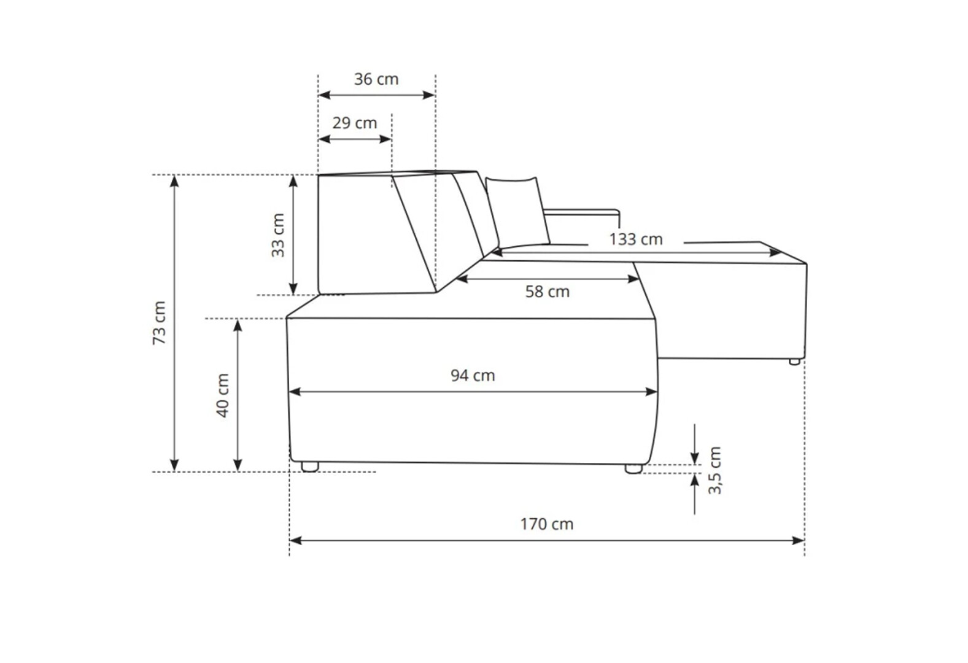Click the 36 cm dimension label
pyautogui.click(x=376, y=79)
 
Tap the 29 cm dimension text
pyautogui.click(x=355, y=123)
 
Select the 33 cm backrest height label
pyautogui.click(x=278, y=235)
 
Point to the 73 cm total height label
pyautogui.click(x=159, y=322)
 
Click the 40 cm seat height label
pyautogui.click(x=222, y=395)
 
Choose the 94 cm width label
pyautogui.click(x=473, y=376)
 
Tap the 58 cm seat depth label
pyautogui.click(x=548, y=292)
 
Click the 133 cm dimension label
pyautogui.click(x=636, y=239)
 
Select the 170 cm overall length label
pyautogui.click(x=547, y=524)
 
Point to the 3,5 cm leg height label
pyautogui.click(x=714, y=470)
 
